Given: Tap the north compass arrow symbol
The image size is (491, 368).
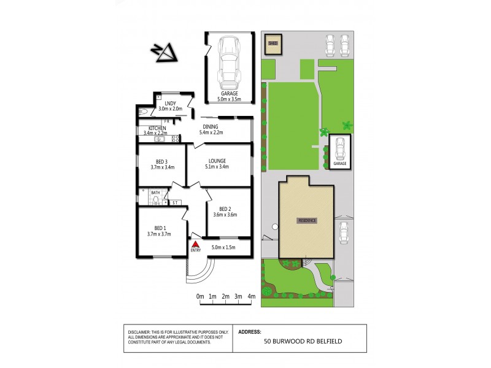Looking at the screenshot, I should tap(165, 53).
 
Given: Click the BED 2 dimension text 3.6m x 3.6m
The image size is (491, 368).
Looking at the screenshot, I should tap(225, 215).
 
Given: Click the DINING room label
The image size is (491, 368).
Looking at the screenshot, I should tap(220, 127).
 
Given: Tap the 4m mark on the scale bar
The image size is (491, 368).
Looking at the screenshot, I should tap(252, 297).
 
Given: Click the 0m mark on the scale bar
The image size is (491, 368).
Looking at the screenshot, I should tap(200, 297).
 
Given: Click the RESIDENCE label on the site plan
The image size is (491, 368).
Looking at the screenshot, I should tap(306, 220).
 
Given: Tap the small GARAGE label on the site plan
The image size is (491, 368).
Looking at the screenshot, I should tap(340, 164).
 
